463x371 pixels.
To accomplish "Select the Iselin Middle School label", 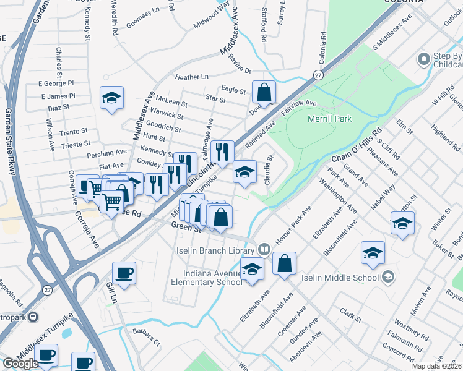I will coord(340,278).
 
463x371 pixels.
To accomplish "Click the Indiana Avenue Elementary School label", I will coord(212,278).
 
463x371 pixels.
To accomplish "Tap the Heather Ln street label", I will coord(191,77).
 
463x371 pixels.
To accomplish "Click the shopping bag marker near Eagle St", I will coord(264,93).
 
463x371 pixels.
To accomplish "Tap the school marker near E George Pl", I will coord(112,98).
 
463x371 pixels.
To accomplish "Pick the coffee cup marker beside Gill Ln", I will coord(124,273).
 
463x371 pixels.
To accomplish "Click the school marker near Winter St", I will coord(402,224).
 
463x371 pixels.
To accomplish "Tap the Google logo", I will coord(20,364).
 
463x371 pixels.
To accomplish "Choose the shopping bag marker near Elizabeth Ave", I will coord(284,264).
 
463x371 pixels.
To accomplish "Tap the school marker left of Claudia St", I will coord(244,172).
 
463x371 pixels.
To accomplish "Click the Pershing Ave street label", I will coord(106,153).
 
